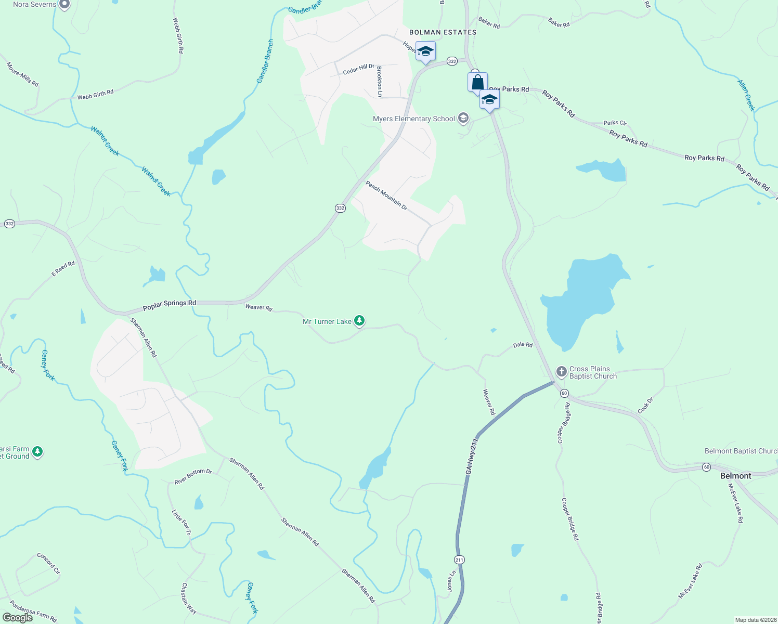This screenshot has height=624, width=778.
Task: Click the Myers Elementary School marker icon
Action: (463, 119)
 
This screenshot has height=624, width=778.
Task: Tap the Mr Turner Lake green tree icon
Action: (359, 321)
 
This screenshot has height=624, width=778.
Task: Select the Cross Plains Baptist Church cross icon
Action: (561, 372)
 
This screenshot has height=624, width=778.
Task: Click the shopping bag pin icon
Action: (477, 83)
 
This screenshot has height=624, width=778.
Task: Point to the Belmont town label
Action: (735, 476)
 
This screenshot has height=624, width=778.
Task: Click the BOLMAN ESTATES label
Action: (443, 32)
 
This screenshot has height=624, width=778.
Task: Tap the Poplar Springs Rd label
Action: (170, 305)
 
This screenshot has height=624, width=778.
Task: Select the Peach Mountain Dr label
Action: (386, 196)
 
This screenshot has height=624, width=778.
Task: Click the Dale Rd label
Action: (523, 345)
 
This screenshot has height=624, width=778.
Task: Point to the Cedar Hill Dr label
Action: (358, 69)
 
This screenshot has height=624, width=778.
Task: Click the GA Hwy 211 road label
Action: (472, 456)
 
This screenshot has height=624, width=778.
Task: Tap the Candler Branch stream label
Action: (265, 61)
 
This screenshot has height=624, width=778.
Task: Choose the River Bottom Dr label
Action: (193, 476)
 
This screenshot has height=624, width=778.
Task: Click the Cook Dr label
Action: (645, 406)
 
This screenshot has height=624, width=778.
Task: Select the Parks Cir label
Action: (615, 123)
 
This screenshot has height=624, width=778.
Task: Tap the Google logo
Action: (18, 618)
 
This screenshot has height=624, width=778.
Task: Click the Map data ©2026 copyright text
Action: (755, 620)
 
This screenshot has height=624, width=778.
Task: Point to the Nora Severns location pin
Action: (64, 5)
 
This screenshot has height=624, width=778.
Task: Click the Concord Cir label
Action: (48, 563)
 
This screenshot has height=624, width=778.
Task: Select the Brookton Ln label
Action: (380, 82)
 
